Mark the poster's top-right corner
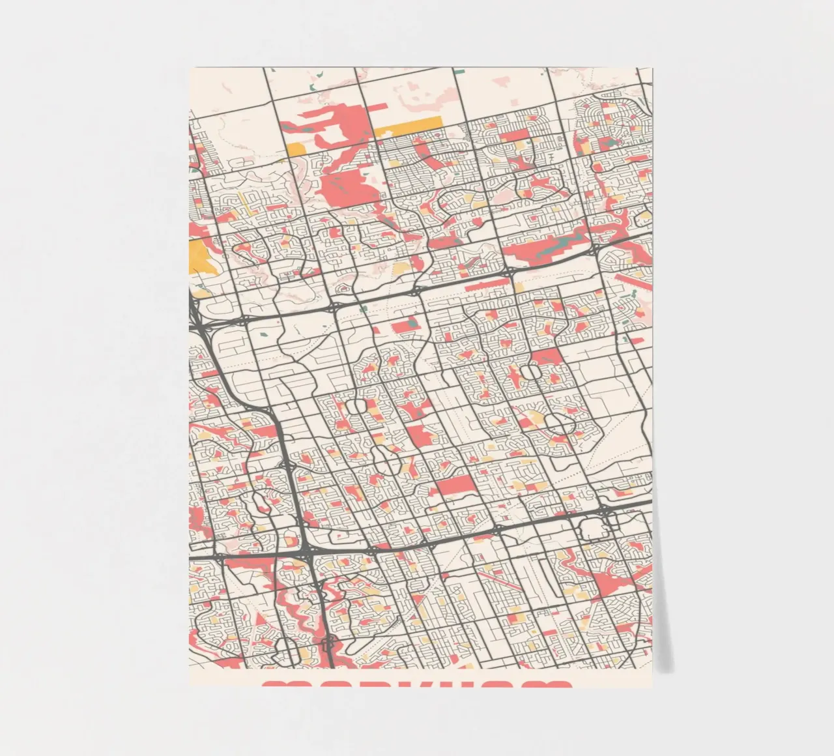651,68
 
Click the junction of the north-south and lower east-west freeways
306,553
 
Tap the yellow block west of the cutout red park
296,149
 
